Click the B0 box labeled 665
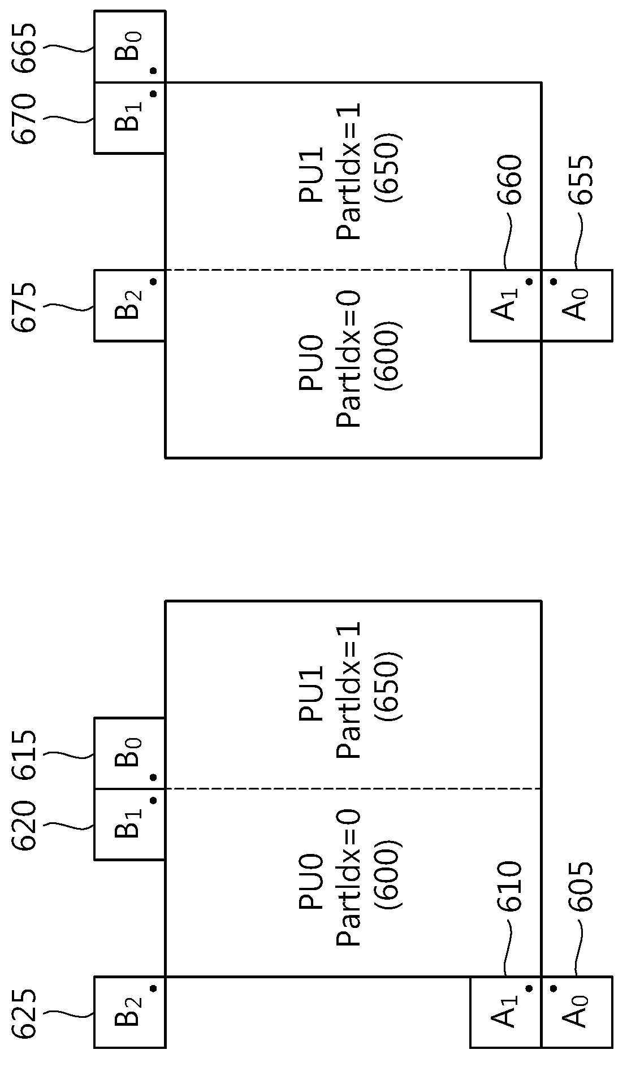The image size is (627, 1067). point(129,46)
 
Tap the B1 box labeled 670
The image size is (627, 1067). point(129,118)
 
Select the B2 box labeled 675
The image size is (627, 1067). point(129,305)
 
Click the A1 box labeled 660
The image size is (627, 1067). point(506,305)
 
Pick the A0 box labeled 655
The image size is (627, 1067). point(577,305)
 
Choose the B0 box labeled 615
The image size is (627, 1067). point(129,753)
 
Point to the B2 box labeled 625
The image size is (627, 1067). point(129,1012)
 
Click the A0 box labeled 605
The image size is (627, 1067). point(577,1012)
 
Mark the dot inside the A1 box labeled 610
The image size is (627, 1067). point(529,988)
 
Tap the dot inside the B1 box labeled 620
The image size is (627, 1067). point(153,800)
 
